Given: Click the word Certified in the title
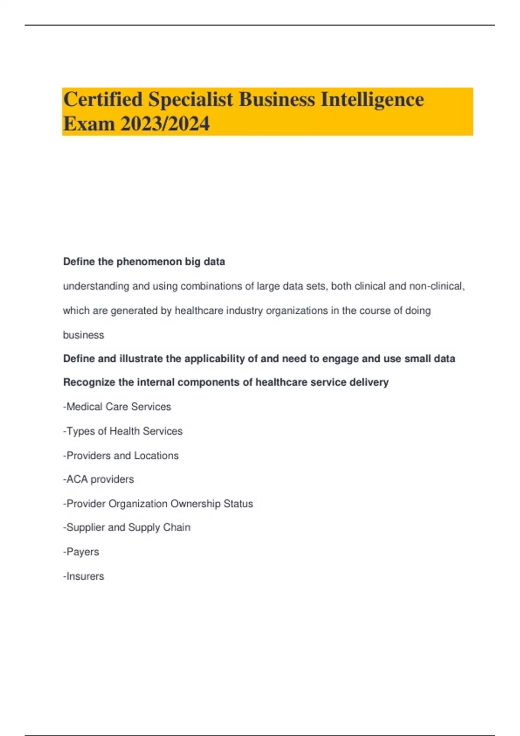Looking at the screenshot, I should [x=103, y=100].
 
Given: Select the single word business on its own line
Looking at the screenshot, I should [x=84, y=335].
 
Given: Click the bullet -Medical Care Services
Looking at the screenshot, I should [x=117, y=407].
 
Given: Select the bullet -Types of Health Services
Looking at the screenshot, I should [x=123, y=431].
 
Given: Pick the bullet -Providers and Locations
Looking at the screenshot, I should [x=120, y=455].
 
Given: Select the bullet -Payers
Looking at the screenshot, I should [x=81, y=552].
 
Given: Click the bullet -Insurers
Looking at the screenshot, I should [x=84, y=576].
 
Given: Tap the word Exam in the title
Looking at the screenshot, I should [x=89, y=124].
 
